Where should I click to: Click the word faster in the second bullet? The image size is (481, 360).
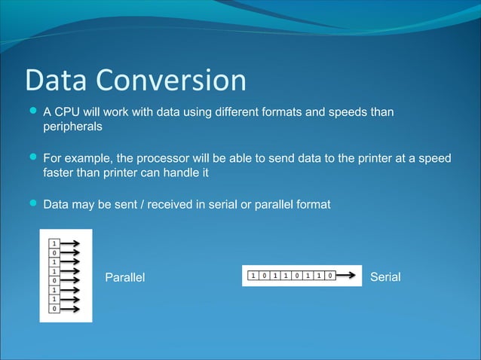click(61, 173)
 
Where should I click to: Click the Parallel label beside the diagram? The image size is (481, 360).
click(124, 278)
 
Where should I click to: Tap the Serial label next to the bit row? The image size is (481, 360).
click(385, 278)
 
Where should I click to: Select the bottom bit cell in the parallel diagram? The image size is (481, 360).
click(54, 308)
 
